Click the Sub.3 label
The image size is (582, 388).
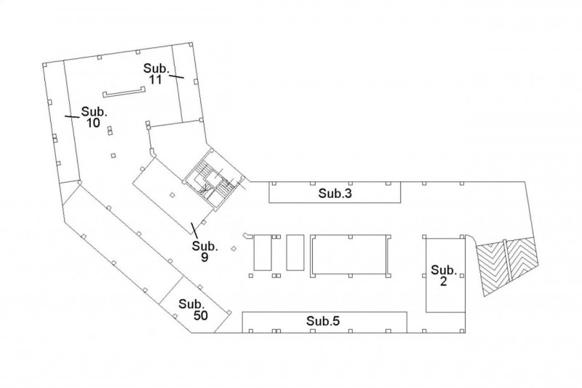(x=335, y=194)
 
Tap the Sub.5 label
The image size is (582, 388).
(x=323, y=321)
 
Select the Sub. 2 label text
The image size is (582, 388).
(x=444, y=275)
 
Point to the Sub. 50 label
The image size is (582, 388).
(x=194, y=309)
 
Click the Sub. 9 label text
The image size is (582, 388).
(x=204, y=251)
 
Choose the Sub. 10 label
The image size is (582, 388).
(x=95, y=117)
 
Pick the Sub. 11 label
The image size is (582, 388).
(x=156, y=74)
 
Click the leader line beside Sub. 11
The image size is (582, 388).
(x=177, y=76)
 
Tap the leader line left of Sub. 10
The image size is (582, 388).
(x=72, y=116)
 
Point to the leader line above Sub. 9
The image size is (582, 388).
(x=194, y=230)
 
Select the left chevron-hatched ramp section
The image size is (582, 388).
(x=493, y=268)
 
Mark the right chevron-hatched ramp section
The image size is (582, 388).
(x=522, y=258)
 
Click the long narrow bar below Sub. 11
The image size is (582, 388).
(x=124, y=92)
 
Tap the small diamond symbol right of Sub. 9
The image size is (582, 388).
(x=234, y=248)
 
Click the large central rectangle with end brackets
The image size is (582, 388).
(x=350, y=256)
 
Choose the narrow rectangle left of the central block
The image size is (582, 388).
(x=295, y=253)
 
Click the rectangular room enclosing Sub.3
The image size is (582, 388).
(x=335, y=192)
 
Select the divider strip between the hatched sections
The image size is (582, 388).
(x=507, y=260)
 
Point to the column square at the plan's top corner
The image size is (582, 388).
(x=191, y=44)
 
